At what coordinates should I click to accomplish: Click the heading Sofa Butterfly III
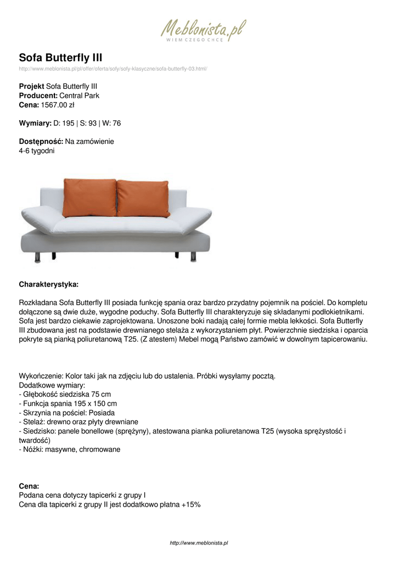click(60, 58)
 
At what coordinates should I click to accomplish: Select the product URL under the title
click(113, 69)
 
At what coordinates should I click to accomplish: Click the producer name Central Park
click(79, 95)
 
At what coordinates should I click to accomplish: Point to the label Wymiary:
click(35, 123)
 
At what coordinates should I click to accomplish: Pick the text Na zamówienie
click(89, 142)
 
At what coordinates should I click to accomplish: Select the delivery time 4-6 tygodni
click(37, 150)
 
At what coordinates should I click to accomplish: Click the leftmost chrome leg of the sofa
click(37, 256)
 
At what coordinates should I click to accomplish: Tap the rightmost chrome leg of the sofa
click(196, 256)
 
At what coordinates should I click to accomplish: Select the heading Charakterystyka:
click(48, 284)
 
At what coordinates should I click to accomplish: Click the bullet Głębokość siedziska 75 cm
click(66, 394)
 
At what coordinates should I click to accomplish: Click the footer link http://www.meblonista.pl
click(199, 543)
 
